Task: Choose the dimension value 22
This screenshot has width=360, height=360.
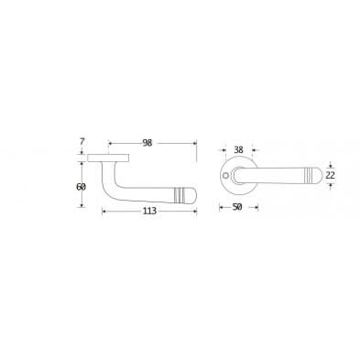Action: [333, 175]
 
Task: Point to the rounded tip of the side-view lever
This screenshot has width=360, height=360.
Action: [193, 193]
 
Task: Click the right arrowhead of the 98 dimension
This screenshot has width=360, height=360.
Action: [196, 143]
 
